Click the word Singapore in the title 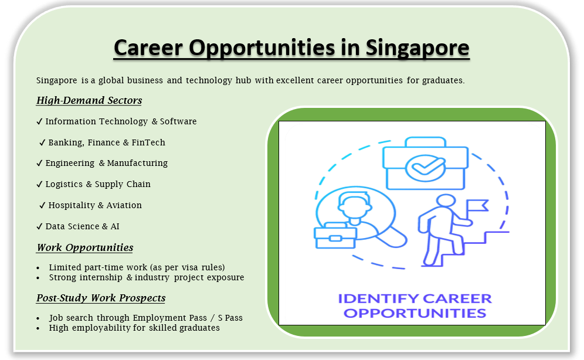pyautogui.click(x=417, y=49)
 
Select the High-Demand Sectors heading pyautogui.click(x=89, y=100)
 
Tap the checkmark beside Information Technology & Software pyautogui.click(x=39, y=122)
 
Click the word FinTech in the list pyautogui.click(x=148, y=142)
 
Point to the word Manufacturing pyautogui.click(x=137, y=164)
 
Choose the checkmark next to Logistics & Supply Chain pyautogui.click(x=39, y=184)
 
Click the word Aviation pyautogui.click(x=124, y=205)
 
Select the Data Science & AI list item pyautogui.click(x=82, y=226)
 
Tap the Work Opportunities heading pyautogui.click(x=85, y=247)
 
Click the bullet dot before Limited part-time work pyautogui.click(x=38, y=268)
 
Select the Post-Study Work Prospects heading pyautogui.click(x=101, y=298)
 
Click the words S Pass pyautogui.click(x=230, y=318)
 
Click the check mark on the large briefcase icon pyautogui.click(x=425, y=167)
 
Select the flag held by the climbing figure pyautogui.click(x=477, y=206)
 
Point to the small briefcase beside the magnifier pyautogui.click(x=335, y=235)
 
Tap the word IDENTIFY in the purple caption pyautogui.click(x=378, y=298)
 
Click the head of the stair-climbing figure pyautogui.click(x=446, y=201)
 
